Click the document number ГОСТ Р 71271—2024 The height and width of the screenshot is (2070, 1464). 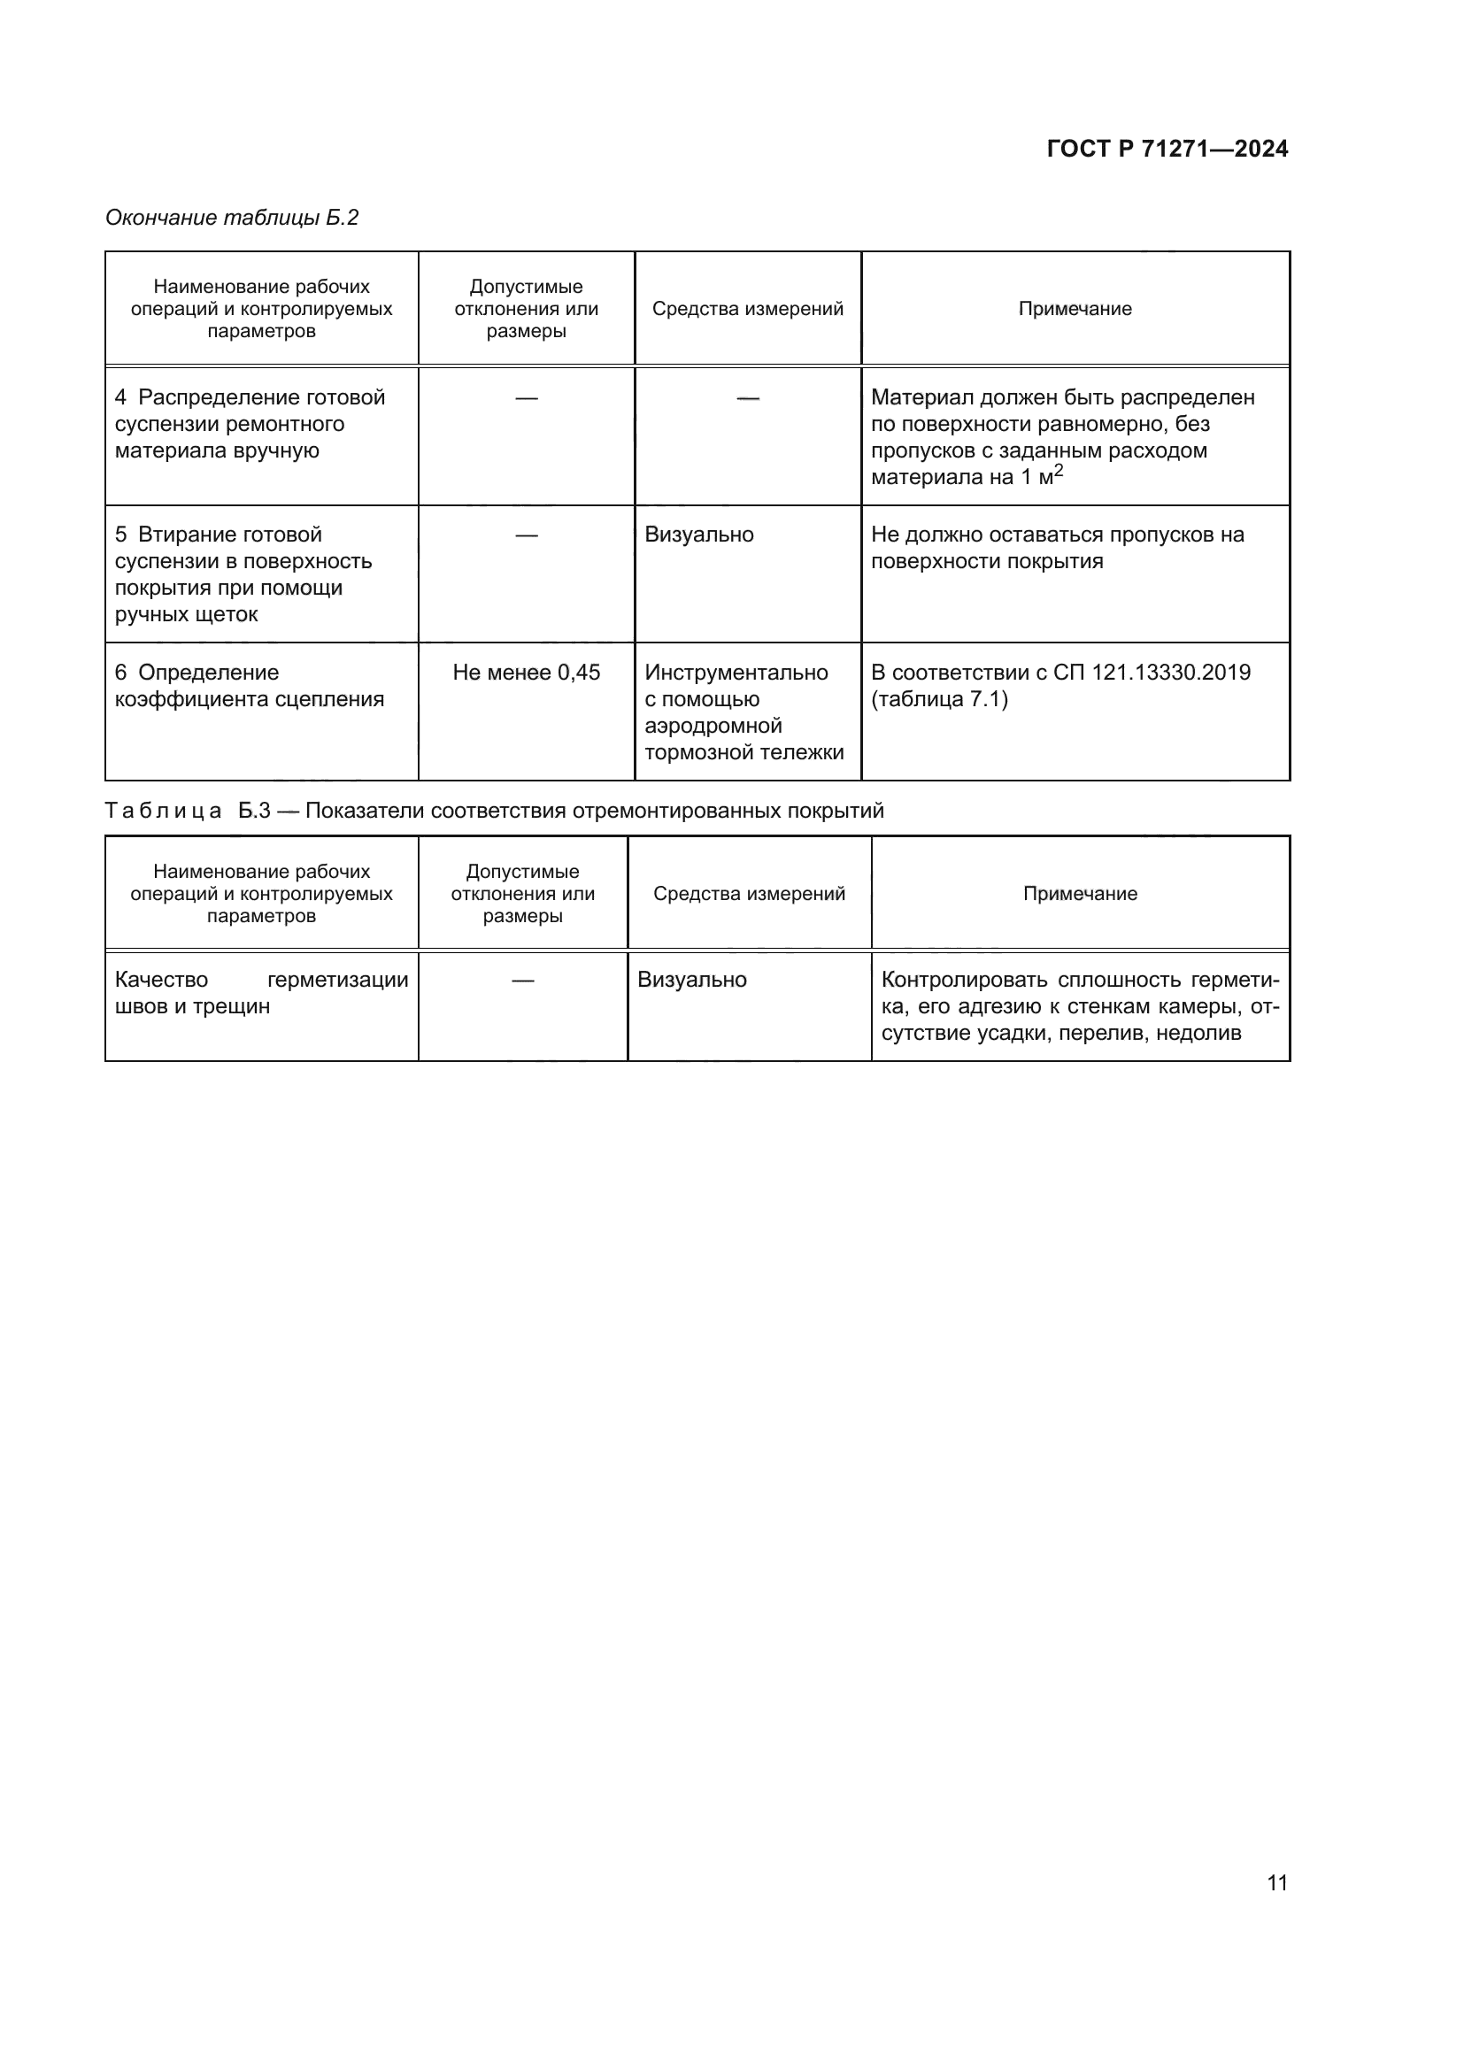coord(1167,149)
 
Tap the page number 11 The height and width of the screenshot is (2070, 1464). coord(1276,1882)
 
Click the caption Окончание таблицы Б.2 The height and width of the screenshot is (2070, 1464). coord(232,218)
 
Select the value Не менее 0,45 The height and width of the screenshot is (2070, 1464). coord(526,673)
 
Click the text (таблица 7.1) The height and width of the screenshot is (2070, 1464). coord(938,699)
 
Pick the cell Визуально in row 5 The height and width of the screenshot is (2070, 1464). coord(698,535)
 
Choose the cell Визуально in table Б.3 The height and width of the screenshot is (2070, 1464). coord(691,980)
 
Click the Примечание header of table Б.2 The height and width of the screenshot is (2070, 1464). coord(1075,309)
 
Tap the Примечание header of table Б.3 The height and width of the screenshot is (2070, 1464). coord(1079,894)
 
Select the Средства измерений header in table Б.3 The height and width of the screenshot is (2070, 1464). coord(748,894)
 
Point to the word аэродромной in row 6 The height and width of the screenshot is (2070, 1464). coord(713,726)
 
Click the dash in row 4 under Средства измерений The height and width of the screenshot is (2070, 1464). coord(747,397)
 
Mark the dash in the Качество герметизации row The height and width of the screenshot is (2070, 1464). coord(522,980)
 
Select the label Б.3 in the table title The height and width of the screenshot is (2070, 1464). coord(254,811)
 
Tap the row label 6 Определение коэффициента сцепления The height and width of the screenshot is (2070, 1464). coord(249,686)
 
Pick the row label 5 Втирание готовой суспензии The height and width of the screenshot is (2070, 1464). coord(243,574)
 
